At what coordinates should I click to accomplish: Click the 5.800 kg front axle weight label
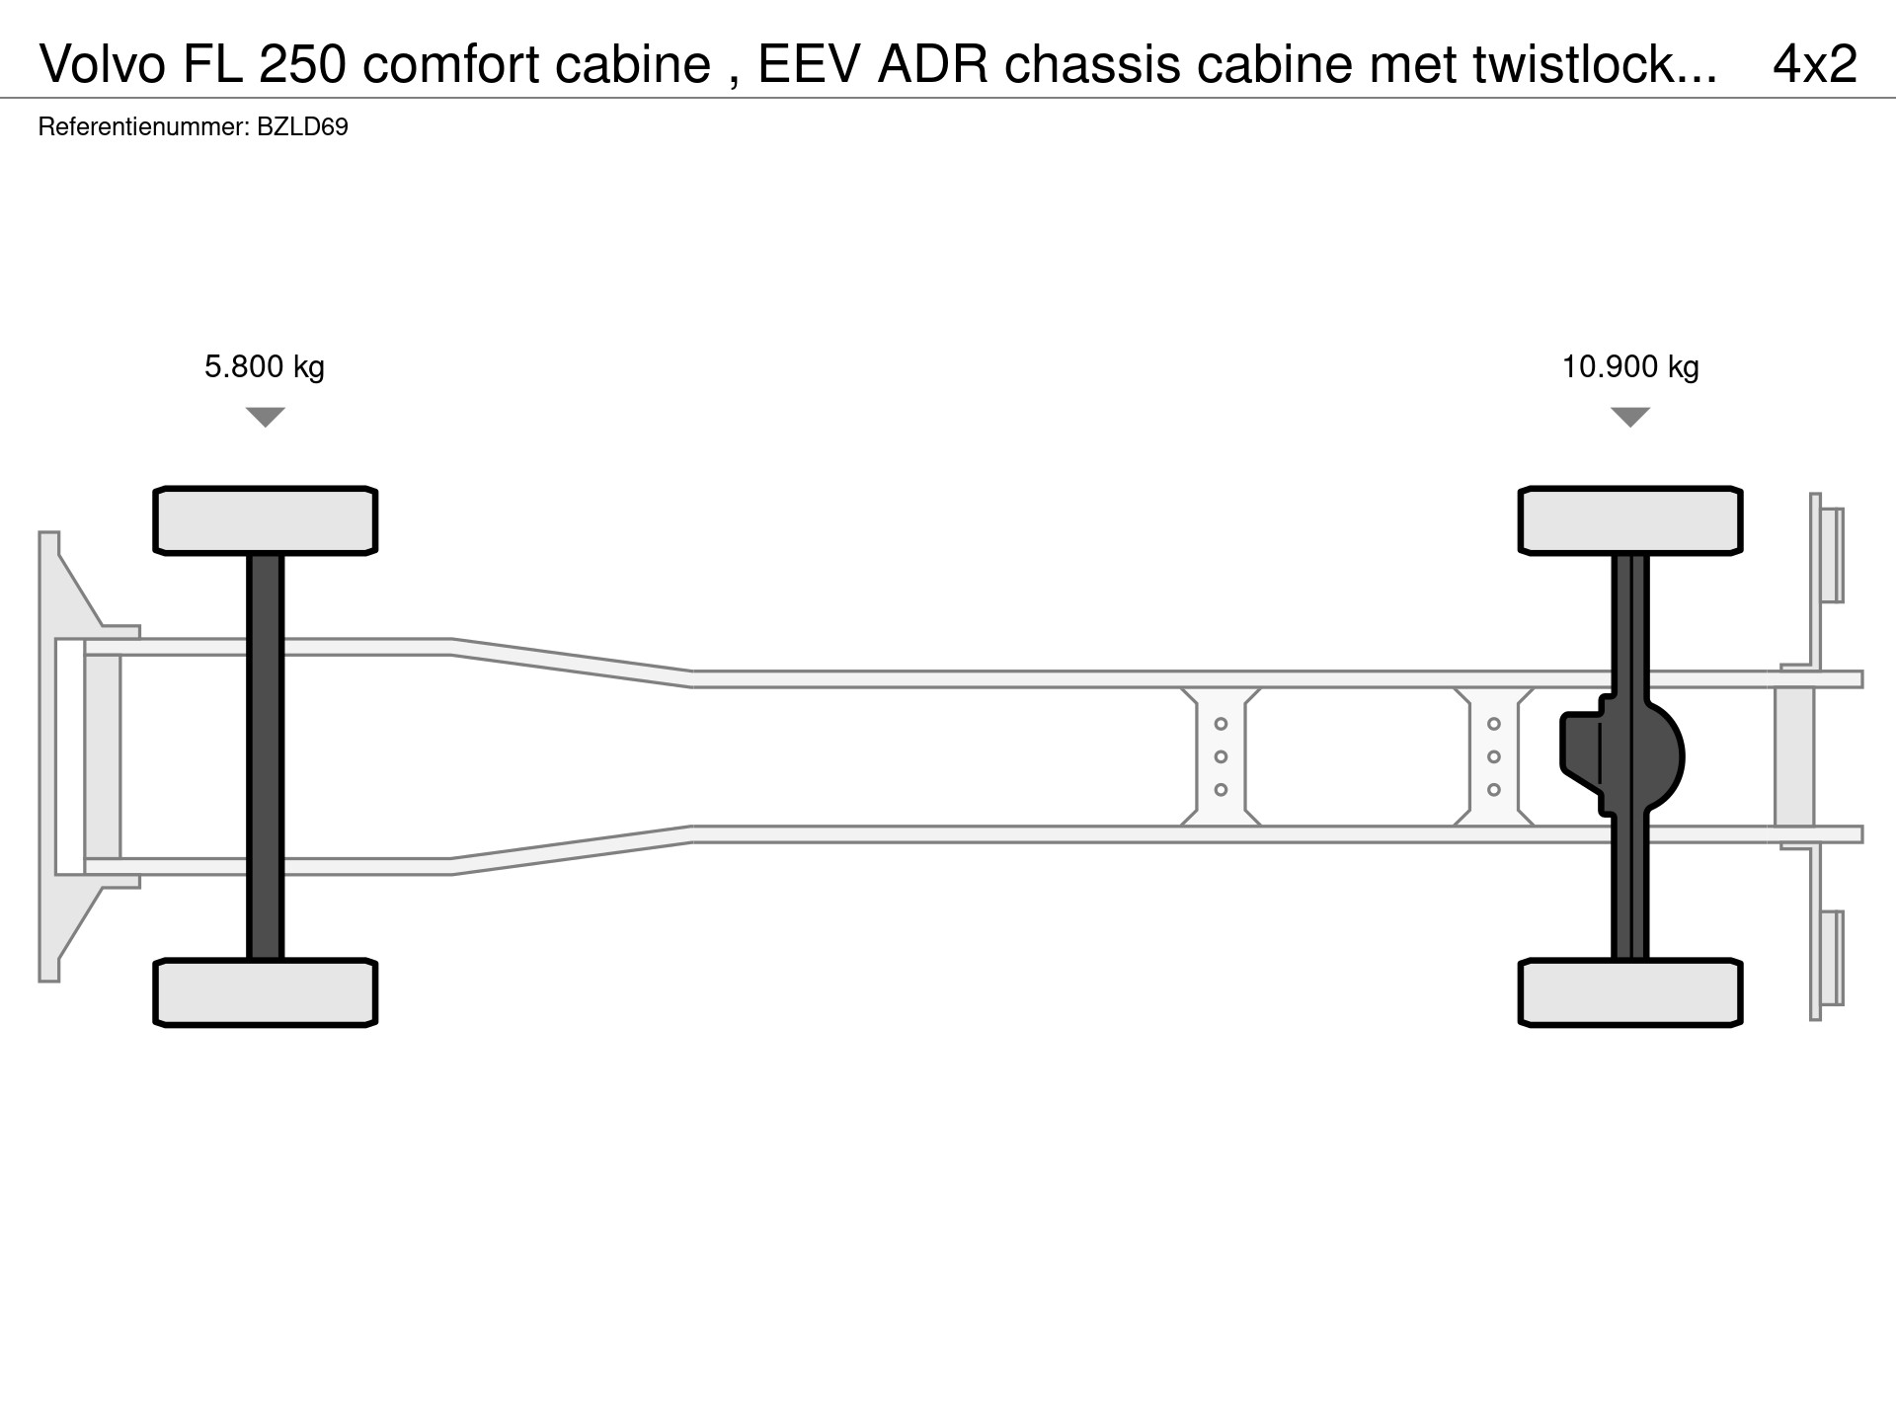pos(264,367)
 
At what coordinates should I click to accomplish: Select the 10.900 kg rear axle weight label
pos(1629,367)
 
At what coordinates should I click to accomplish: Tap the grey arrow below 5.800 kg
pos(265,417)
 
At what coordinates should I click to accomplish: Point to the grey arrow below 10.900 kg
pos(1629,417)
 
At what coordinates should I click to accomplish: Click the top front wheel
pos(265,520)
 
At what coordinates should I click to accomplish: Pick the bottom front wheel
pos(265,992)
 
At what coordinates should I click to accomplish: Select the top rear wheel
pos(1629,520)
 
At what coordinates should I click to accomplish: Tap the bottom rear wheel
pos(1629,992)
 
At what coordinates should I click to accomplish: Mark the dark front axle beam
pos(265,756)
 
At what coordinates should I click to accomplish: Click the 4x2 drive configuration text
pos(1814,64)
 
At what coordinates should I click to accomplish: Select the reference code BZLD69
pos(302,127)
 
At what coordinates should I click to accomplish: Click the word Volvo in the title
pos(103,64)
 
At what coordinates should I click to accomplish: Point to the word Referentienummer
pos(142,127)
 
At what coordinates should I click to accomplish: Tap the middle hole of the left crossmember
pos(1221,756)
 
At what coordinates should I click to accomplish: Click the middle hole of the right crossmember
pos(1494,756)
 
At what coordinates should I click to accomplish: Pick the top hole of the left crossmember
pos(1221,724)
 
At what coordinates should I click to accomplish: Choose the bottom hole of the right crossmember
pos(1494,790)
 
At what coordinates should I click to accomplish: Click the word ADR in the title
pos(932,64)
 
